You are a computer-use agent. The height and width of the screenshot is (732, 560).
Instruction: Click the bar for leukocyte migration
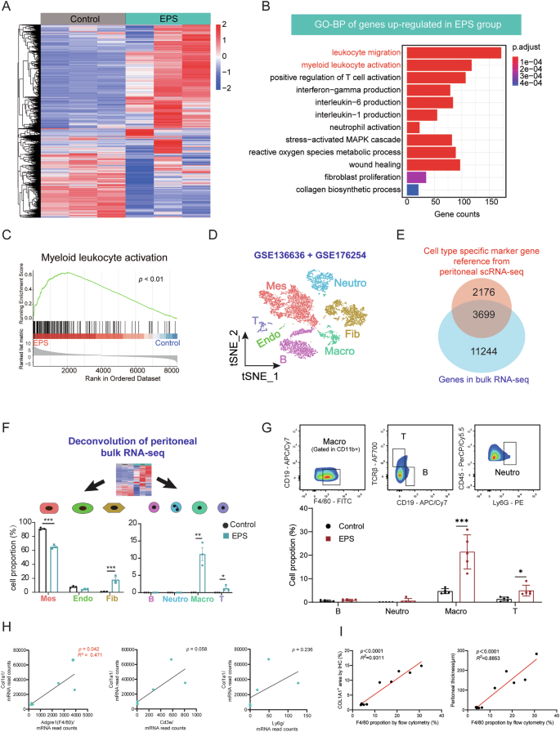(x=454, y=53)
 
